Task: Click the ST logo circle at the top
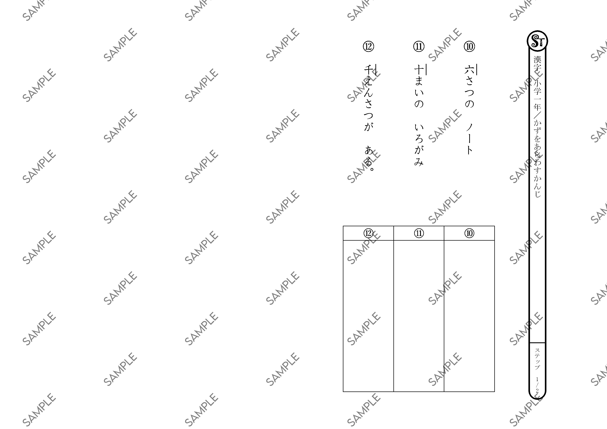click(x=537, y=41)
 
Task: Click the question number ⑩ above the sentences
click(x=469, y=47)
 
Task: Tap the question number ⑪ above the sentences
click(x=419, y=47)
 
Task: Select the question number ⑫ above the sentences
click(x=368, y=47)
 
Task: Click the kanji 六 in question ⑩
click(x=469, y=70)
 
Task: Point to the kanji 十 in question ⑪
click(x=419, y=70)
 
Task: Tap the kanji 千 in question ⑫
click(x=368, y=70)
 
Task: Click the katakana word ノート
click(x=469, y=139)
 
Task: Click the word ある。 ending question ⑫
click(x=369, y=158)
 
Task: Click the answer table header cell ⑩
click(x=469, y=233)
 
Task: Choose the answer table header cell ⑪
click(x=419, y=233)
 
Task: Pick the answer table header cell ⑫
click(x=368, y=233)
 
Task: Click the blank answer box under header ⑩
click(x=469, y=316)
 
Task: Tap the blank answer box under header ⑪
click(x=419, y=316)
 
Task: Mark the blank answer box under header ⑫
click(x=368, y=316)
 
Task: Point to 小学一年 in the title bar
click(x=537, y=95)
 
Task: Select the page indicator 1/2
click(x=537, y=385)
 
